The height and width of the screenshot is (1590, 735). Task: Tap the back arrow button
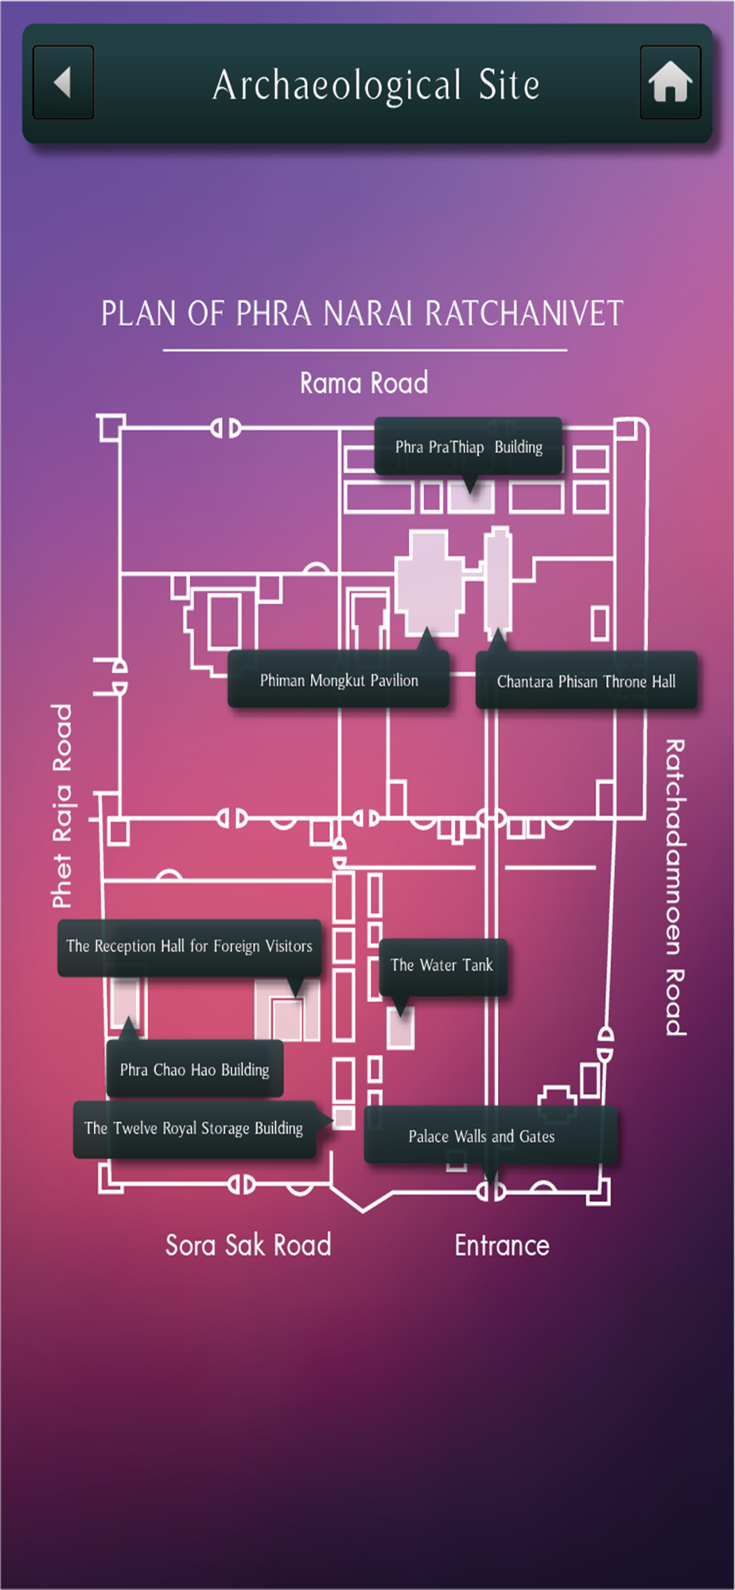click(x=63, y=83)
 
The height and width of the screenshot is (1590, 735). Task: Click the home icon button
click(x=670, y=83)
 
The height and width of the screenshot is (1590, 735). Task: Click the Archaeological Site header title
click(x=375, y=85)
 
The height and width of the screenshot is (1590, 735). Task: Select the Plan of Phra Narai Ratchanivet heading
click(x=362, y=313)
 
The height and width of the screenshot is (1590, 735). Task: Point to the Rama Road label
click(x=364, y=383)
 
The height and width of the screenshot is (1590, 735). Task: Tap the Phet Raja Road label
click(x=62, y=805)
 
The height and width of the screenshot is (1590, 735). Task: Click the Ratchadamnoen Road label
click(x=675, y=886)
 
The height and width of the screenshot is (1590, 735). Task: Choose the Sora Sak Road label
click(x=247, y=1245)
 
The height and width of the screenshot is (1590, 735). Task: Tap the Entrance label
click(x=502, y=1245)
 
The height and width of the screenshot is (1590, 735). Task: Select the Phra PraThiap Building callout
click(x=469, y=447)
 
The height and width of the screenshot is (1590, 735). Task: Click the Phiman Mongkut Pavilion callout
click(x=339, y=681)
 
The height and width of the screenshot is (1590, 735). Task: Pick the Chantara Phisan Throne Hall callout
click(x=586, y=681)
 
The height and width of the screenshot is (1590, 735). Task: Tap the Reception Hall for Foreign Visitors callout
click(x=189, y=946)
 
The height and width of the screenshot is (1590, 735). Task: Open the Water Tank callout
click(x=442, y=965)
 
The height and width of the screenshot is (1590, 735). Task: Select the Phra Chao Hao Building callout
click(x=195, y=1070)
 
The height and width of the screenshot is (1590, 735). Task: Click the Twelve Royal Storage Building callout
click(x=194, y=1129)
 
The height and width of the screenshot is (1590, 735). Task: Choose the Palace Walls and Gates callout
click(x=482, y=1137)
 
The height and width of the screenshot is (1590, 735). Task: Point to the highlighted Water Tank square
click(x=400, y=1029)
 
